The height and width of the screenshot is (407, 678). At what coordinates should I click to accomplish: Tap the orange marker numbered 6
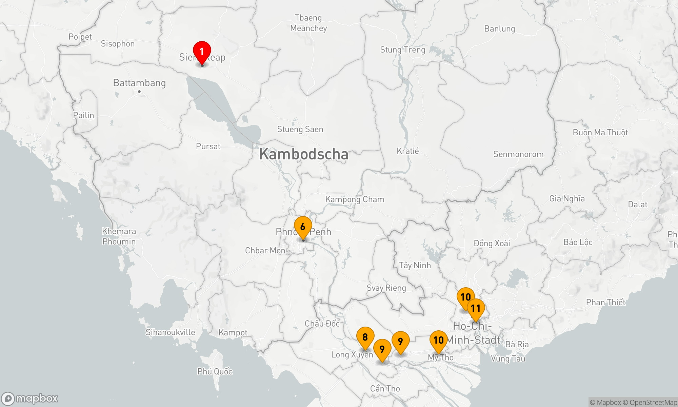pos(303,227)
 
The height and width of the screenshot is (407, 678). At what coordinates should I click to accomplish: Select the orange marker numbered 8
pos(365,337)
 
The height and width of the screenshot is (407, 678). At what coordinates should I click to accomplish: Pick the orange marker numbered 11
pos(476,309)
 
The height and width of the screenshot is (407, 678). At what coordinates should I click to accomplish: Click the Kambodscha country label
pos(303,154)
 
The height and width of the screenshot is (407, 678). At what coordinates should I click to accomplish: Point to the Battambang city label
pos(139,83)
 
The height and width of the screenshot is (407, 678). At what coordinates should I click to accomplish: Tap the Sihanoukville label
pos(170,332)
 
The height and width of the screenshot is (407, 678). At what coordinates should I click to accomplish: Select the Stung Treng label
pos(402,50)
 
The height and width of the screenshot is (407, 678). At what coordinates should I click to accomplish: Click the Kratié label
pos(408,151)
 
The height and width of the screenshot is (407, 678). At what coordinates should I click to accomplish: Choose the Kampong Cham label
pos(355,199)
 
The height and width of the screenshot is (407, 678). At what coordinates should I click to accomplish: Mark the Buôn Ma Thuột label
pos(600,133)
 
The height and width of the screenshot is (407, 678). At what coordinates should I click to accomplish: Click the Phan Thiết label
pos(605,302)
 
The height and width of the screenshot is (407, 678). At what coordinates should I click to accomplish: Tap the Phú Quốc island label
pos(215,371)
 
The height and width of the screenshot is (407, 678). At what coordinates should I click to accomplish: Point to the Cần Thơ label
pos(385,388)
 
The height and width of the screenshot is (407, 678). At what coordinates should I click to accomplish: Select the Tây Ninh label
pos(415,265)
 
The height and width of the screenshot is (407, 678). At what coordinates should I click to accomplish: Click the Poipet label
pos(80,37)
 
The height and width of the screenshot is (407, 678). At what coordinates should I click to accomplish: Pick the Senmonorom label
pos(518,154)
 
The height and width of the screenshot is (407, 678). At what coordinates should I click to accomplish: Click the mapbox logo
pos(30,398)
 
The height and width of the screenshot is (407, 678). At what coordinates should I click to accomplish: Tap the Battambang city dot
pos(139,92)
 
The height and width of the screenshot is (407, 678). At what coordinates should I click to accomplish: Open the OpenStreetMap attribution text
pos(653,403)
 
